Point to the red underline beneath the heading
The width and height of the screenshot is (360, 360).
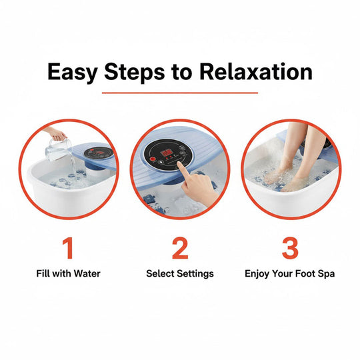(x=180, y=93)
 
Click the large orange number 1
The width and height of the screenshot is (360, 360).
(x=67, y=248)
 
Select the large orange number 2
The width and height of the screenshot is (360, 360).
(x=180, y=248)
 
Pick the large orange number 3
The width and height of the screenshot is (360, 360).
(x=290, y=248)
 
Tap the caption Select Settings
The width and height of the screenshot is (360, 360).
(x=180, y=273)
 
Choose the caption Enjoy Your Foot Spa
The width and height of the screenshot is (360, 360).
(x=289, y=273)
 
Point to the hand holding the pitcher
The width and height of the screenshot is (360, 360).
(x=58, y=135)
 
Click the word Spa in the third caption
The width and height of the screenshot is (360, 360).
(x=325, y=273)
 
